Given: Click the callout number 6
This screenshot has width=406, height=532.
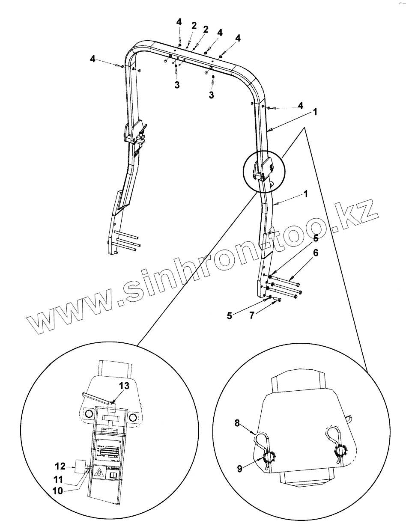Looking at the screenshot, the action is [x=315, y=253].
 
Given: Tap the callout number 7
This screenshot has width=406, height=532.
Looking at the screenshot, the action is [x=252, y=315].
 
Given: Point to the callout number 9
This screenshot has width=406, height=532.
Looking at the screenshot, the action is [x=239, y=469].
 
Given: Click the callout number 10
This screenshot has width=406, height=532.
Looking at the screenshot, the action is [x=57, y=490].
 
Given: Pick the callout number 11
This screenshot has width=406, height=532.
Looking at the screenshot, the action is [x=57, y=479].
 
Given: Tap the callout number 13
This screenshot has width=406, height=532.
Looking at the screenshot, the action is [x=124, y=386].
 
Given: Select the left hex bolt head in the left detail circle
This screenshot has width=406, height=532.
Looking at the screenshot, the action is [x=89, y=414].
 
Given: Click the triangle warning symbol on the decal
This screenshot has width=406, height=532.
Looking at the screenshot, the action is [x=99, y=473].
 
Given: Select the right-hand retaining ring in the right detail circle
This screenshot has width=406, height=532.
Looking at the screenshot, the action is [x=341, y=451].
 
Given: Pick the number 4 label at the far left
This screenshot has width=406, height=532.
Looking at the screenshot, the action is [x=93, y=59].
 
